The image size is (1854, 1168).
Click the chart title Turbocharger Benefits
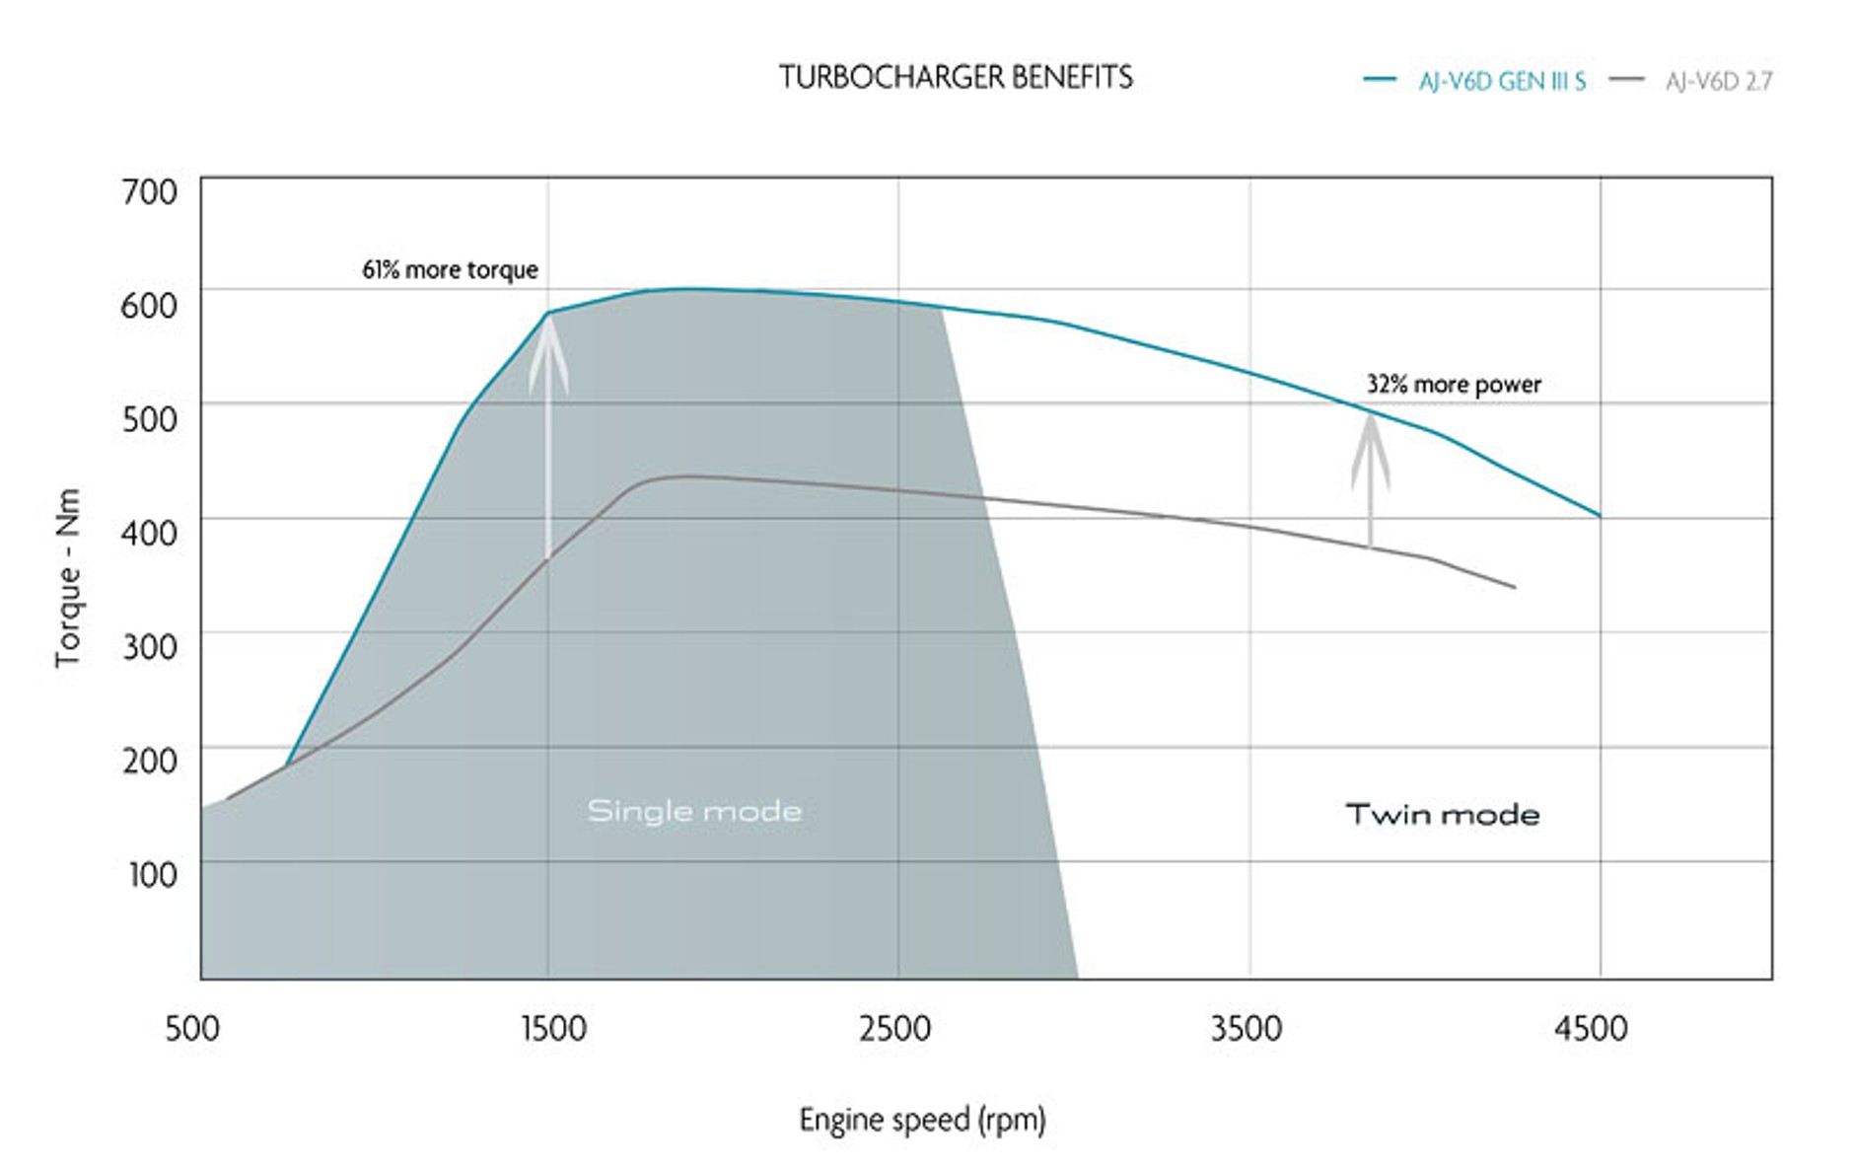click(956, 77)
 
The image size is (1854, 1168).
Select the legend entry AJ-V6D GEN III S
click(1501, 81)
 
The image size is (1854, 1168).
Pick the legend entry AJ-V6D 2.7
click(1718, 81)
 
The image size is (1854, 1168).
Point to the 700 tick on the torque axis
click(149, 190)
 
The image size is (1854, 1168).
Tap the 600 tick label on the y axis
click(149, 305)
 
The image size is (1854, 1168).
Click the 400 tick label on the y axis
click(149, 533)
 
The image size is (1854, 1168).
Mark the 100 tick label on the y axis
click(152, 874)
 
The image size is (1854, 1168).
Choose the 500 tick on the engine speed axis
click(192, 1028)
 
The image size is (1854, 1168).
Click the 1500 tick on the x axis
click(552, 1028)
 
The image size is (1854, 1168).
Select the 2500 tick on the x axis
click(894, 1028)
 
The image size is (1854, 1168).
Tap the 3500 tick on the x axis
click(1247, 1028)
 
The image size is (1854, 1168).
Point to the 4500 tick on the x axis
click(1591, 1028)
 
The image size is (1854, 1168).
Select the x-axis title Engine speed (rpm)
click(922, 1120)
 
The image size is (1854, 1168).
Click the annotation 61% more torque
click(450, 269)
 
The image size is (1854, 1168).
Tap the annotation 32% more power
click(1454, 384)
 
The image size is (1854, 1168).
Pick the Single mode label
click(694, 811)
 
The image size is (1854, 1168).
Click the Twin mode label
click(1442, 814)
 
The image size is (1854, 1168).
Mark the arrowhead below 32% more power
click(1370, 449)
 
